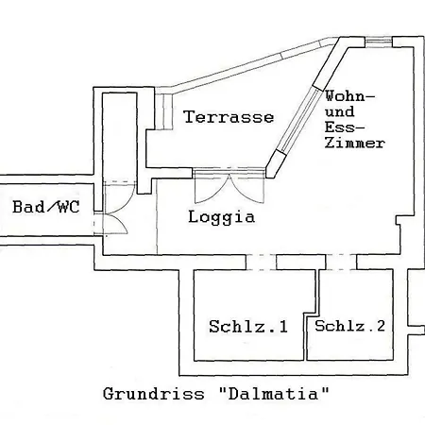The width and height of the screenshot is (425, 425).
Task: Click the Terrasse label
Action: coord(229,117)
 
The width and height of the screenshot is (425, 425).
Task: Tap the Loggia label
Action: coord(222,217)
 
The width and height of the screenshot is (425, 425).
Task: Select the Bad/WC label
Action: coord(46,207)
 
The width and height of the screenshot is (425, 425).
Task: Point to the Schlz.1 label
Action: coord(248,327)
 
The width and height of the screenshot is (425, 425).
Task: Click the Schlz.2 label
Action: coord(349,326)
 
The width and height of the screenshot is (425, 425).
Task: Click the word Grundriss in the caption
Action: coord(154,394)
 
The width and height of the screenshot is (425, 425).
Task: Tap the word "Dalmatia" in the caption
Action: coord(274,394)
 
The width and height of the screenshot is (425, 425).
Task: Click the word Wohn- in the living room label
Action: coord(350,96)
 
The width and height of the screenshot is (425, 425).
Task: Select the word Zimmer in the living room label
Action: coord(355,143)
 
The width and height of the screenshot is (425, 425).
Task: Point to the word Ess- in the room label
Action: coord(345,127)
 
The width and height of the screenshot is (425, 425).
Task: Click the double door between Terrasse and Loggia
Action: coord(229,187)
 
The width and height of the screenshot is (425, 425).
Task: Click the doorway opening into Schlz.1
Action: coord(261,263)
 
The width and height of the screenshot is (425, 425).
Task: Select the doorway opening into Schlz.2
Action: coord(341,263)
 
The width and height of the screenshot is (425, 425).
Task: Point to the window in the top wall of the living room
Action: coord(379,42)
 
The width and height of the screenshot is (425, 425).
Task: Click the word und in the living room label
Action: coord(340,111)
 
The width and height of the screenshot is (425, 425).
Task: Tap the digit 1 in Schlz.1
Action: coord(283,327)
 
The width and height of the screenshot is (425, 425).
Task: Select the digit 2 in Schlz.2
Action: coord(381,326)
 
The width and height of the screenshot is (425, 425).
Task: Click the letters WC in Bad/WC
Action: coord(68,207)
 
